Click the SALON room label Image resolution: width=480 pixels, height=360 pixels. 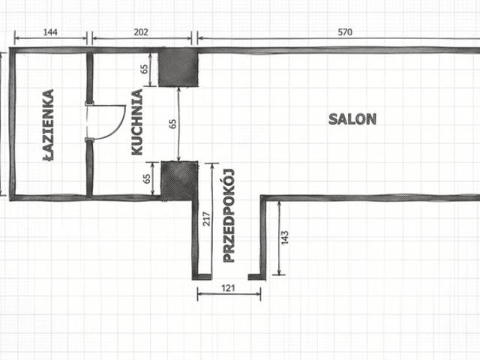[x=352, y=119]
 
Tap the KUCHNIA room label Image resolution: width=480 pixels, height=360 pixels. [x=137, y=122]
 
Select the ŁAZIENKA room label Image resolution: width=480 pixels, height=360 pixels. [x=48, y=125]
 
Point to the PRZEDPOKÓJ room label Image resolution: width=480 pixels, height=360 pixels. [x=229, y=215]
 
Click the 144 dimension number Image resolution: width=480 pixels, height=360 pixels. [x=50, y=32]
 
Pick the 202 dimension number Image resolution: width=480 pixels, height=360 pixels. [x=141, y=31]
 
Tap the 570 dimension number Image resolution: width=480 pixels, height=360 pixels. [x=345, y=31]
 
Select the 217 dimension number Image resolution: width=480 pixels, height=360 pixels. [x=207, y=219]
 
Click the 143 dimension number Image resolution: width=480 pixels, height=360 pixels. [x=285, y=238]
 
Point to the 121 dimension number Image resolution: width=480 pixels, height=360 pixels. [x=228, y=288]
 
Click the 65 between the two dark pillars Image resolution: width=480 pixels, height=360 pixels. [x=173, y=124]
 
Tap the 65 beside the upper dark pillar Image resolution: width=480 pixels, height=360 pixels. [x=144, y=69]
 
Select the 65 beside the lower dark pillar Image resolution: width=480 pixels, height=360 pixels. [x=147, y=178]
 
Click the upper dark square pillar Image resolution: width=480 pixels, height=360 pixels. [x=178, y=67]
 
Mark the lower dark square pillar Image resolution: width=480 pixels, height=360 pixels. [x=179, y=181]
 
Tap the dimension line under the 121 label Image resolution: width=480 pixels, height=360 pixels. [x=229, y=294]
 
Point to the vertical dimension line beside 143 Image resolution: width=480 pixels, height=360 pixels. [x=279, y=238]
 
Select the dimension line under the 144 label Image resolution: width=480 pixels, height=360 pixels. [x=51, y=38]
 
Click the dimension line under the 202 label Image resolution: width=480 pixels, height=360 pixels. [x=142, y=38]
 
